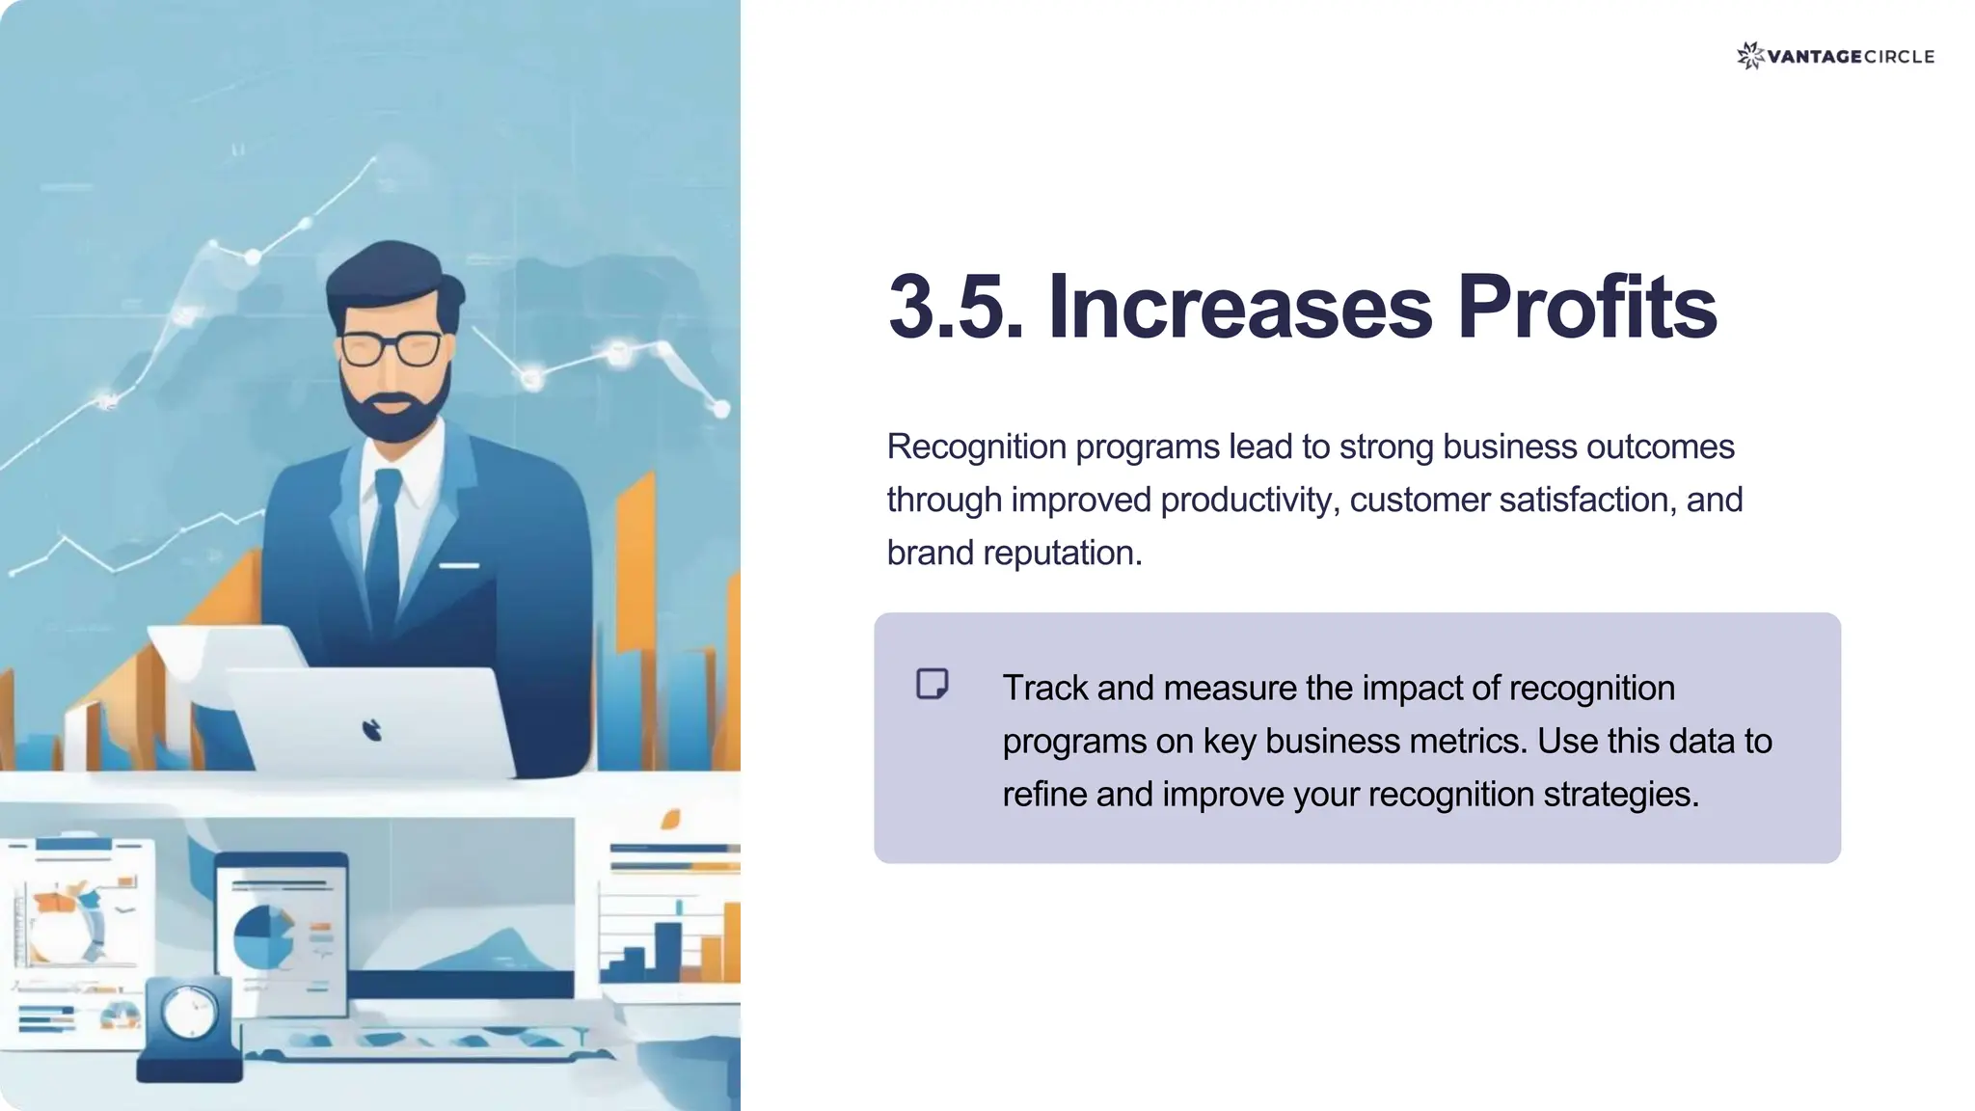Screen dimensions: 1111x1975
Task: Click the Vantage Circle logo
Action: click(x=1834, y=56)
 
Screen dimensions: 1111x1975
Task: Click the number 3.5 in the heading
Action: click(x=955, y=308)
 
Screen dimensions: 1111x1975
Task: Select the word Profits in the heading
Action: click(x=1586, y=308)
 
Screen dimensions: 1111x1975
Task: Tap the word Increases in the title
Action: click(x=1239, y=308)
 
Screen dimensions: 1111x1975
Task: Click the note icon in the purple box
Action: click(x=932, y=684)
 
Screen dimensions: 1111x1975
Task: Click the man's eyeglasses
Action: click(x=391, y=348)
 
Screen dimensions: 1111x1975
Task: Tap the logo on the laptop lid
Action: click(x=372, y=730)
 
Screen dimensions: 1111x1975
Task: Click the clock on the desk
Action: click(x=190, y=1013)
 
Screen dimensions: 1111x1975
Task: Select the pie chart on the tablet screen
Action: click(x=262, y=936)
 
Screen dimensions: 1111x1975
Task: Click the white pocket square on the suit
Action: click(x=459, y=565)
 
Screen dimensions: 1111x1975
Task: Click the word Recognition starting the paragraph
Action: click(x=976, y=447)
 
